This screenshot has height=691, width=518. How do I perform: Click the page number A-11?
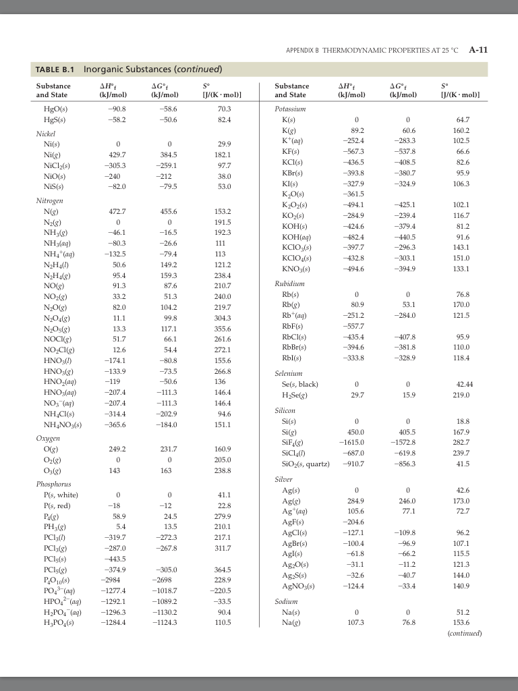point(478,50)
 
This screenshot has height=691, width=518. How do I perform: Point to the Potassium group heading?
point(291,107)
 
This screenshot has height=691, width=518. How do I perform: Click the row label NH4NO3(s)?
point(63,424)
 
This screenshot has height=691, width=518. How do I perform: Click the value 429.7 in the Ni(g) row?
point(118,155)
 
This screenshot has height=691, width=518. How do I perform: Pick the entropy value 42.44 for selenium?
point(462,384)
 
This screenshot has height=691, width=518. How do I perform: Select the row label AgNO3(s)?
point(298,585)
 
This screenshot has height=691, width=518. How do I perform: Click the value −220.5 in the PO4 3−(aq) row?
point(220,590)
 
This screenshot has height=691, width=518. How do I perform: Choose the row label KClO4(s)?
point(297,256)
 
